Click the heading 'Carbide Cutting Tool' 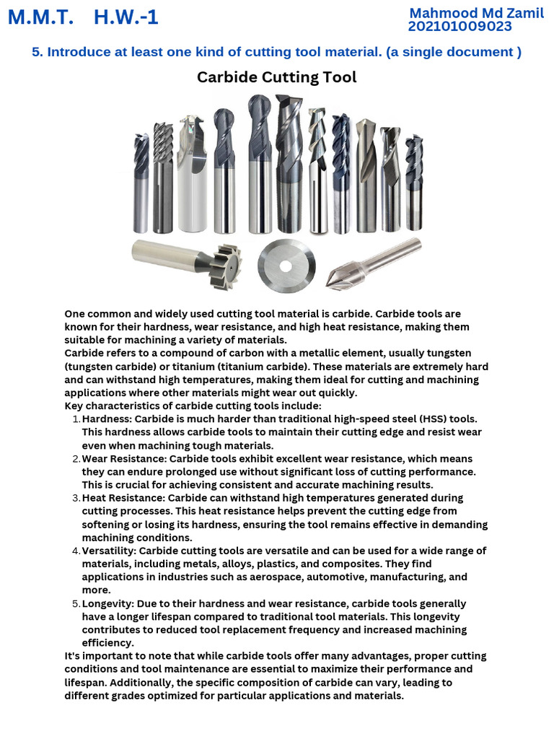[277, 77]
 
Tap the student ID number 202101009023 [460, 27]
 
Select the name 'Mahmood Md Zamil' [476, 13]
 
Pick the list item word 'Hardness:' [107, 419]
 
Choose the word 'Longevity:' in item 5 [109, 603]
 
